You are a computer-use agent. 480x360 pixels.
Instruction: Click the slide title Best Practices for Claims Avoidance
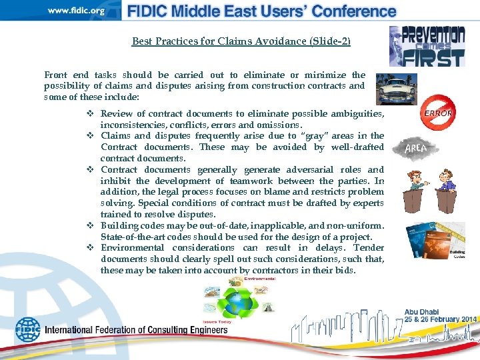tap(241, 41)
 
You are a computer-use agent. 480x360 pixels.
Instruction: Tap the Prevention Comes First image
tap(427, 46)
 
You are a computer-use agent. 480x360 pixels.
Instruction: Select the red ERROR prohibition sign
tap(438, 113)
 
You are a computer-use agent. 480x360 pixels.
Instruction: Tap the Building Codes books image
tap(436, 242)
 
